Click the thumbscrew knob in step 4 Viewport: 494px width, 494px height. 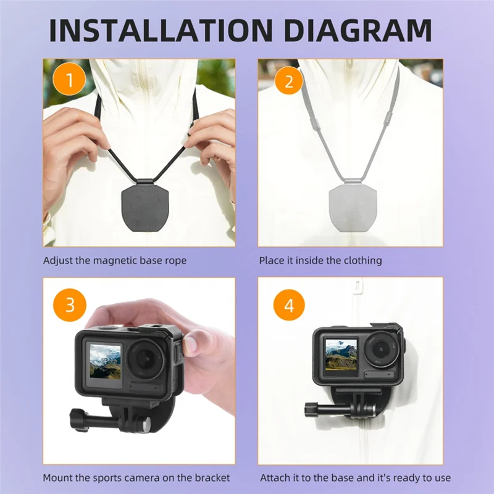309,409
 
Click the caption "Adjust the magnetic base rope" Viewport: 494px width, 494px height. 114,261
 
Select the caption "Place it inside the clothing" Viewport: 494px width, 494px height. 320,261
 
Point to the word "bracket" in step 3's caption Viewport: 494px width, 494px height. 213,477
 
